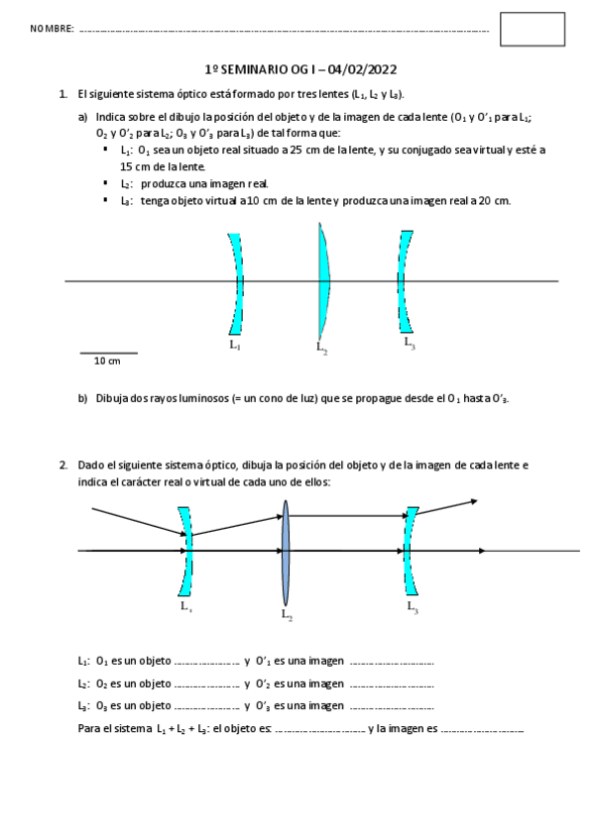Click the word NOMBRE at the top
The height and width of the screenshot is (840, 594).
(53, 31)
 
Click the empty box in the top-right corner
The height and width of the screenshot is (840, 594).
(532, 30)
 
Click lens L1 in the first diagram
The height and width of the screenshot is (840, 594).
(236, 283)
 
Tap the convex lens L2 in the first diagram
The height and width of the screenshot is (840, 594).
(323, 282)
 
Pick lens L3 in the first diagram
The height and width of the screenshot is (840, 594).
(406, 282)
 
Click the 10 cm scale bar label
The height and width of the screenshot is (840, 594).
(107, 362)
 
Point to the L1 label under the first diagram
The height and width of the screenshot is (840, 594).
(234, 345)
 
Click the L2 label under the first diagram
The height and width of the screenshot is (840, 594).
(321, 347)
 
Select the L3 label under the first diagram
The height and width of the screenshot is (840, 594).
(410, 343)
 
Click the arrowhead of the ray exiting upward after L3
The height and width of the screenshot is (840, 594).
(474, 501)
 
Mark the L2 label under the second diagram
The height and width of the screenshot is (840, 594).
(287, 615)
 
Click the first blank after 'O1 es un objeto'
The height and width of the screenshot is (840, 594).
(206, 661)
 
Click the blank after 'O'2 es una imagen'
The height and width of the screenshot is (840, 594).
(392, 683)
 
